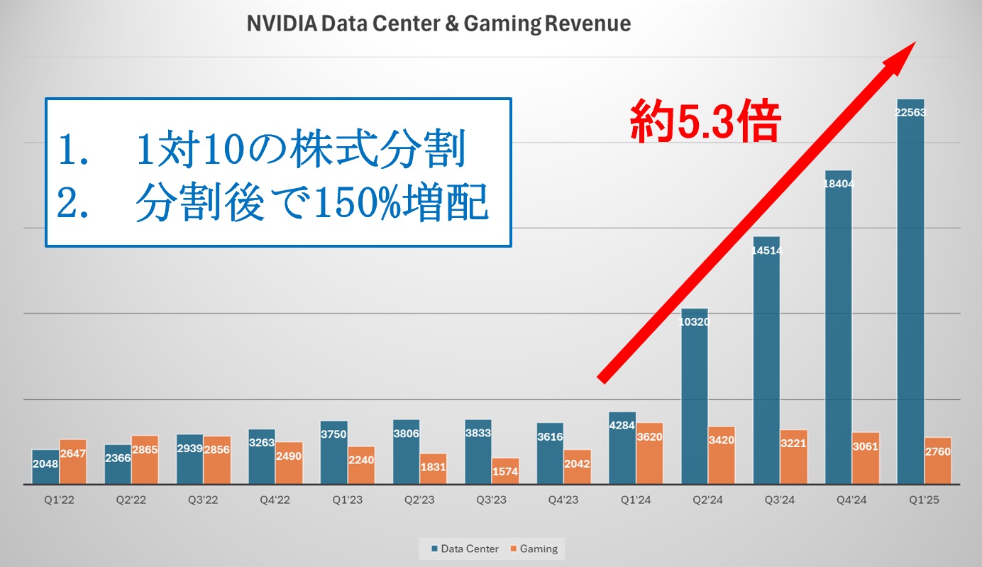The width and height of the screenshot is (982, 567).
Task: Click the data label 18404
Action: [x=839, y=183]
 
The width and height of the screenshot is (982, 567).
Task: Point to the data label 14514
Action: [x=766, y=250]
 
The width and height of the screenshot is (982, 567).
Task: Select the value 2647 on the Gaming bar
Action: [x=73, y=452]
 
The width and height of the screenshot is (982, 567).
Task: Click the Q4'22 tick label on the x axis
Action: [x=275, y=500]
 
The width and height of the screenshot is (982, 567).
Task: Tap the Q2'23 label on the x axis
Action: [x=420, y=500]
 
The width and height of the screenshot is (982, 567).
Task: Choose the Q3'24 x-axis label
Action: [x=780, y=500]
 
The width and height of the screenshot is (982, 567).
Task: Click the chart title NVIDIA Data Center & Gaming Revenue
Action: [x=438, y=23]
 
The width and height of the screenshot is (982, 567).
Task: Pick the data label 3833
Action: [x=478, y=432]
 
